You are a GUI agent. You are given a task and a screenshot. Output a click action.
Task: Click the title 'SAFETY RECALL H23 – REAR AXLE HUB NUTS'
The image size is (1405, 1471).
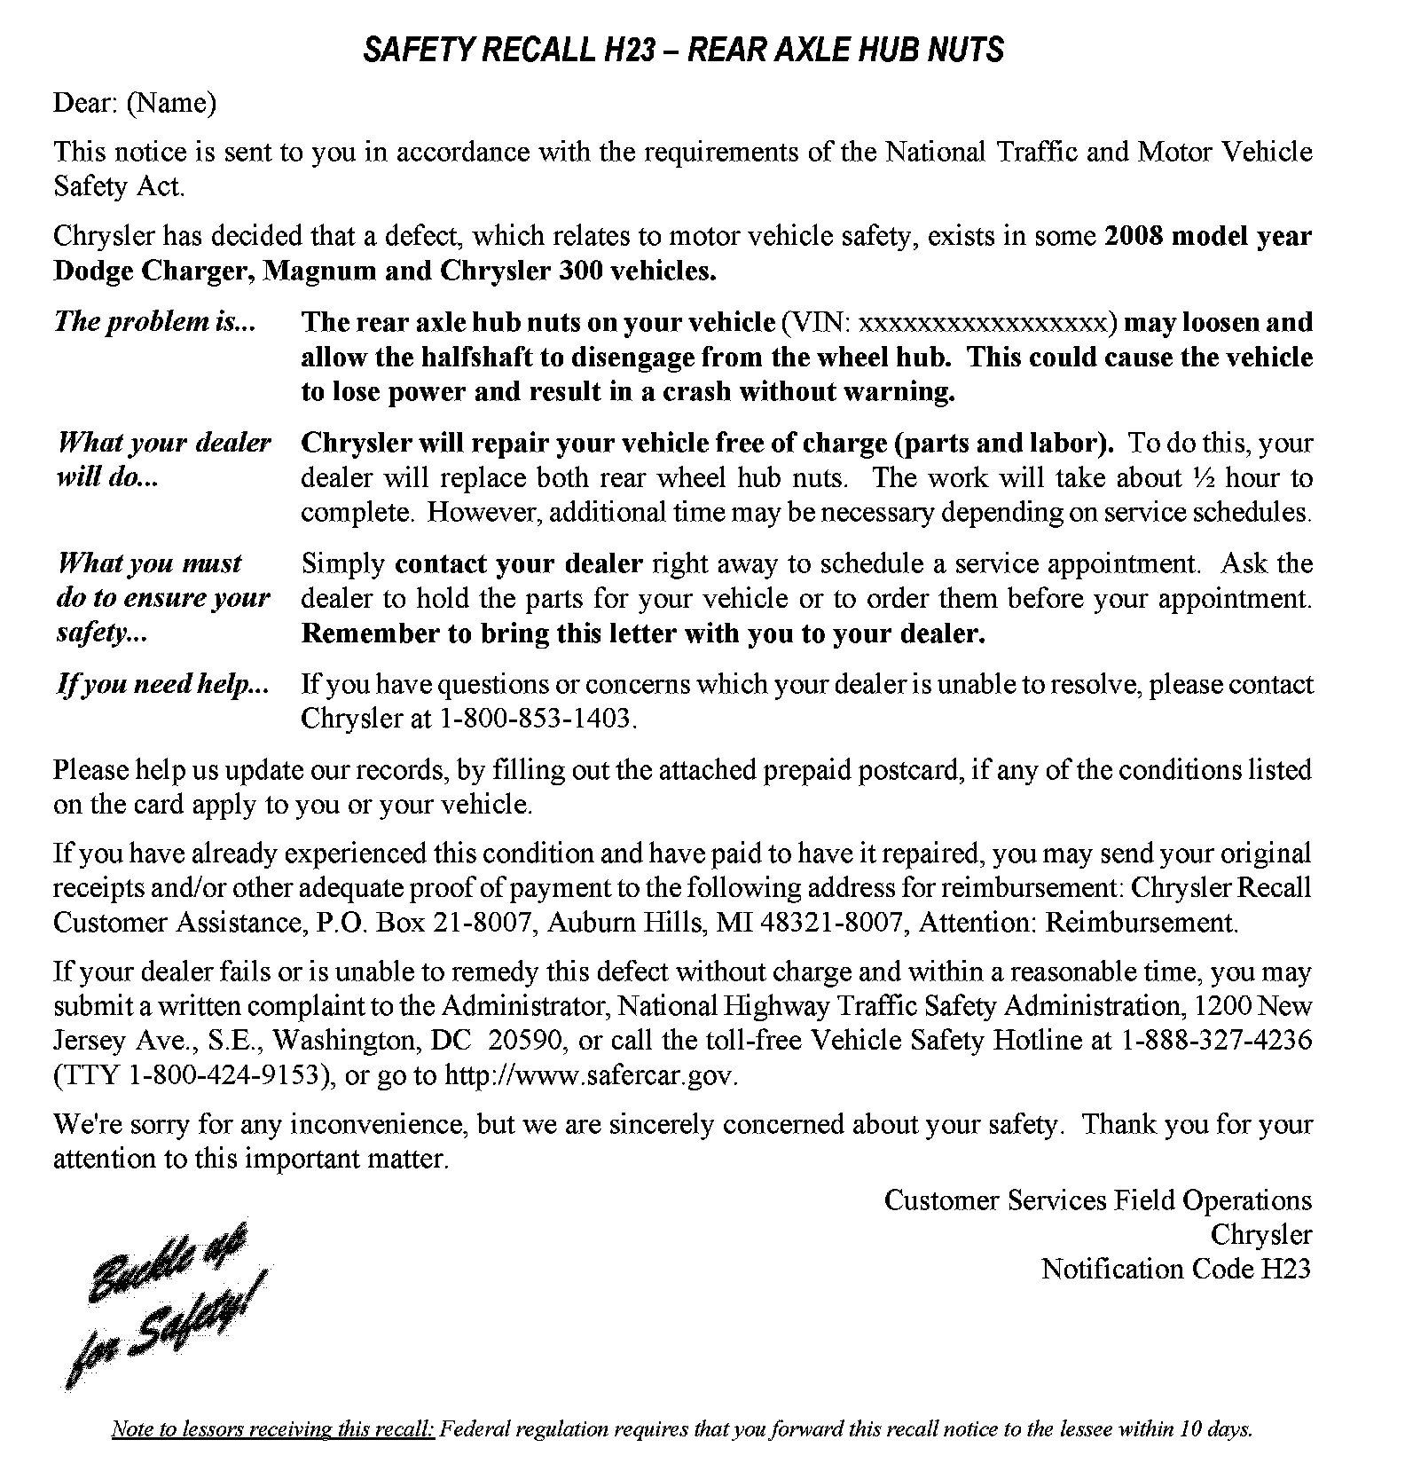click(x=683, y=50)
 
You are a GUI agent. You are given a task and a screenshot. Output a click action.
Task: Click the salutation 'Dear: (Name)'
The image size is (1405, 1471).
click(x=135, y=104)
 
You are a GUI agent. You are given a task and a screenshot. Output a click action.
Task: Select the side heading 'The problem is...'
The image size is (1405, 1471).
click(x=154, y=321)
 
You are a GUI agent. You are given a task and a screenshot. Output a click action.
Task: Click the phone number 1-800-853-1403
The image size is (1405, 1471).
click(x=537, y=718)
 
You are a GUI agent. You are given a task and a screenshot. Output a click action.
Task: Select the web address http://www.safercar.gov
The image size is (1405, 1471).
click(x=589, y=1075)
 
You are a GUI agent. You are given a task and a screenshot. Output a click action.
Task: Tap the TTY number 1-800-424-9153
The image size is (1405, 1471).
click(x=223, y=1075)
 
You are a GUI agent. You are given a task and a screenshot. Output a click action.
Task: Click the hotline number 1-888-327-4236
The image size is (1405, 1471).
click(x=1216, y=1041)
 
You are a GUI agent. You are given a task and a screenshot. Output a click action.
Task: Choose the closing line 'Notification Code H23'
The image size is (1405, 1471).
click(x=1175, y=1270)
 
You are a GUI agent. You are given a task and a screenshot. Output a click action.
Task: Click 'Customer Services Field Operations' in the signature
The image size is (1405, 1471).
click(x=1097, y=1200)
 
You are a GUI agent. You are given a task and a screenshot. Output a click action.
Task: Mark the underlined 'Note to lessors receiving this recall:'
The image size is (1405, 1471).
click(x=272, y=1429)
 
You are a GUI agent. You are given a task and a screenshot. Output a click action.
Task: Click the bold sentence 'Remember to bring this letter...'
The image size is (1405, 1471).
click(x=643, y=634)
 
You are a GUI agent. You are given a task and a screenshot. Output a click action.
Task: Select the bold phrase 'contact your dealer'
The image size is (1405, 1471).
click(x=518, y=564)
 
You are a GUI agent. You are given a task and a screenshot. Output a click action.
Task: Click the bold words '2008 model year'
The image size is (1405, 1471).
click(x=1207, y=236)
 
